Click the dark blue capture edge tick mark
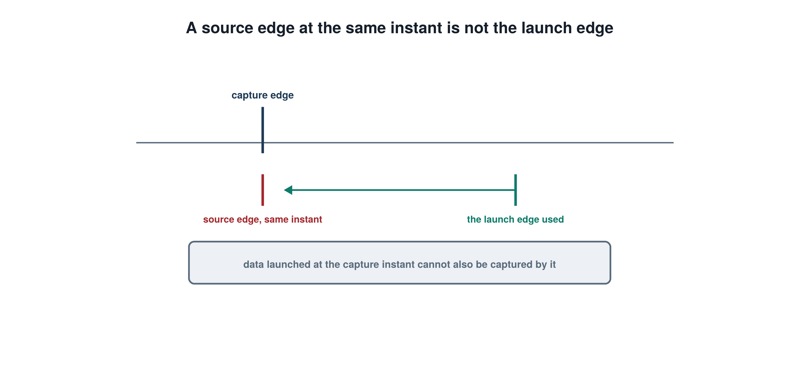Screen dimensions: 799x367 (262, 130)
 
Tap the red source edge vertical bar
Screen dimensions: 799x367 (262, 190)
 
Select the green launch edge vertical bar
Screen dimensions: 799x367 (516, 190)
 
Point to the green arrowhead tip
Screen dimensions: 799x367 (284, 190)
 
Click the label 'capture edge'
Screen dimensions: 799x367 (262, 95)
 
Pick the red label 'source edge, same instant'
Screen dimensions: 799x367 (262, 219)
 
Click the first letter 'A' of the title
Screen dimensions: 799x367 (191, 28)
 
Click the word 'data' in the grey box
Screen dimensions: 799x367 (253, 265)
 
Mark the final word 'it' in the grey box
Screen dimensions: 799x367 (553, 265)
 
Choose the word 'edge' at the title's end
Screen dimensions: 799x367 (595, 28)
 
